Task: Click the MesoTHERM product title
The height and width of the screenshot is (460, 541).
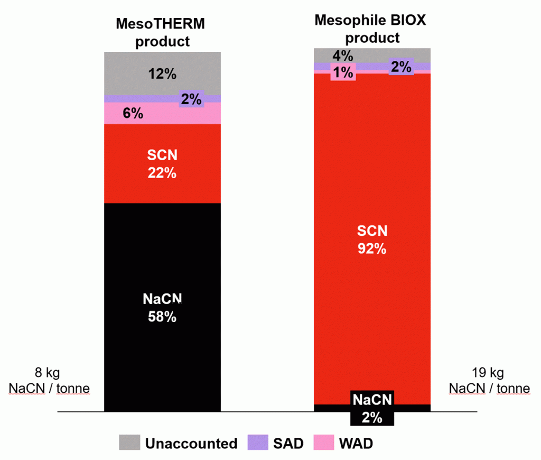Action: click(161, 32)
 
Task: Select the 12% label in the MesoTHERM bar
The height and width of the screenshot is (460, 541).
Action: click(162, 74)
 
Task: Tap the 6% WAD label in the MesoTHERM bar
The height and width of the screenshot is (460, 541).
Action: click(133, 113)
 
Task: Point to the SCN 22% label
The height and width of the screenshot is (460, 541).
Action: click(162, 164)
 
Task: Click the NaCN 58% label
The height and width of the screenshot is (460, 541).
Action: click(162, 308)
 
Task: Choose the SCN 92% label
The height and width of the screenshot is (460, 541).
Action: click(372, 240)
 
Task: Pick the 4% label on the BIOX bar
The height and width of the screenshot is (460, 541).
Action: click(343, 56)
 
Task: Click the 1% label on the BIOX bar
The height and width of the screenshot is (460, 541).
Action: click(343, 72)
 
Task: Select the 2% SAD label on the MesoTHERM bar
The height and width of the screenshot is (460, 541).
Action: click(191, 98)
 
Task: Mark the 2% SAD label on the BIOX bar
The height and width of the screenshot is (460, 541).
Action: click(401, 67)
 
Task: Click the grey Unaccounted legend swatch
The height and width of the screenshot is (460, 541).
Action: click(129, 443)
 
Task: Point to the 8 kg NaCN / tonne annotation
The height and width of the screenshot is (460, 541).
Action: click(49, 381)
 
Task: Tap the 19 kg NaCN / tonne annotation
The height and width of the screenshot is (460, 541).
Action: click(489, 381)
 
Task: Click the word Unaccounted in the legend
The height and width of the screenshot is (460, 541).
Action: click(192, 443)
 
